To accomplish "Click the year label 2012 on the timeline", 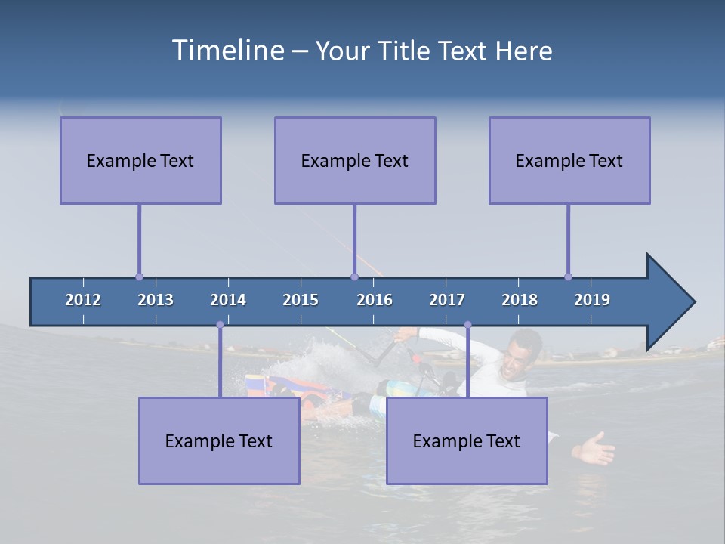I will tap(83, 300).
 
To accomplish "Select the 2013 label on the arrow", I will tap(156, 300).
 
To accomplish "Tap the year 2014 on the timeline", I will tap(228, 300).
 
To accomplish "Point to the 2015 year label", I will tap(301, 300).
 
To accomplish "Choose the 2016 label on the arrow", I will tap(375, 300).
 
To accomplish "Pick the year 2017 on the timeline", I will tap(447, 300).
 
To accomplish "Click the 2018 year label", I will tap(520, 300).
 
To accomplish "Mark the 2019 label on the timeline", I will tap(592, 300).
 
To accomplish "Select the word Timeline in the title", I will tap(228, 50).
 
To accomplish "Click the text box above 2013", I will tap(140, 160).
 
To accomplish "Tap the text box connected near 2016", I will tap(355, 160).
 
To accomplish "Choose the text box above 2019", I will tap(569, 160).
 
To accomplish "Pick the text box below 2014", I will tap(219, 440).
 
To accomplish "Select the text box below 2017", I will tap(467, 440).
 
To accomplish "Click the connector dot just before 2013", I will tap(139, 277).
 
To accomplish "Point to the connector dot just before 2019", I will tap(568, 277).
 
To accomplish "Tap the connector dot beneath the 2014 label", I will tap(220, 325).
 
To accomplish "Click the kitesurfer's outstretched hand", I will tap(595, 450).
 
